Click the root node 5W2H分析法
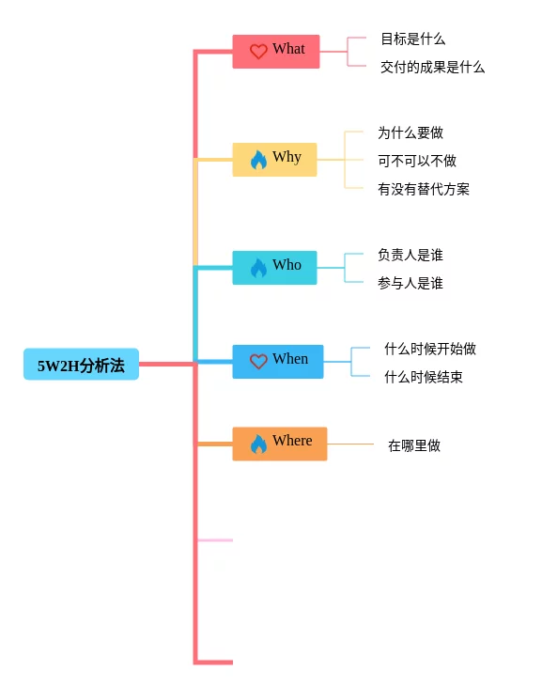pos(81,364)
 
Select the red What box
pos(276,52)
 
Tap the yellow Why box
pos(274,160)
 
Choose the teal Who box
pos(274,268)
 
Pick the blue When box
pos(278,362)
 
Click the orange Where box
pos(280,444)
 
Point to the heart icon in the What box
pos(258,51)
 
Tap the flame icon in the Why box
pos(258,160)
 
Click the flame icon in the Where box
pos(258,444)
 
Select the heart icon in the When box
pos(258,362)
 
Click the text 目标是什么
pos(413,39)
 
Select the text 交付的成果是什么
pos(432,67)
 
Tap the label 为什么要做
pos(410,133)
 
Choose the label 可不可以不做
pos(417,161)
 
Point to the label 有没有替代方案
pos(424,189)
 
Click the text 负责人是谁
pos(410,255)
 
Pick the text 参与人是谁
pos(410,283)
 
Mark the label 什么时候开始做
pos(430,349)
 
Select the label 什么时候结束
pos(424,377)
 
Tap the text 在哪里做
pos(414,445)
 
